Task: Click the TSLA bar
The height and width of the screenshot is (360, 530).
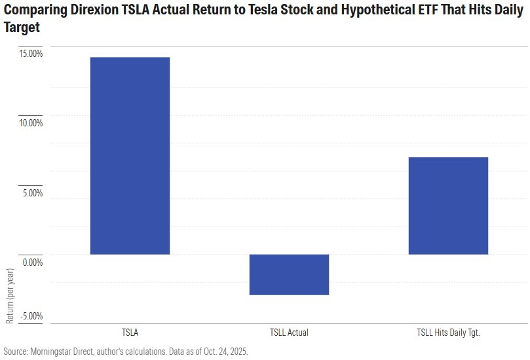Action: point(130,156)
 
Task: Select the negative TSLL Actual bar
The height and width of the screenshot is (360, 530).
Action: point(289,274)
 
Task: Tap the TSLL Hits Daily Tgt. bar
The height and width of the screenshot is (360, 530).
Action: point(448,206)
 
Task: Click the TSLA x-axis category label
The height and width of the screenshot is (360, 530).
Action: point(130,333)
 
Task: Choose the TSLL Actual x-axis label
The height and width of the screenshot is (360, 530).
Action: point(289,333)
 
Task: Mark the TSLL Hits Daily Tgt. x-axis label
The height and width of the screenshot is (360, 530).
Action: point(448,333)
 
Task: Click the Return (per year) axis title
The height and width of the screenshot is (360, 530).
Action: point(10,295)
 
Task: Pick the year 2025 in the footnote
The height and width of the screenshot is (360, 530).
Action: point(237,351)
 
